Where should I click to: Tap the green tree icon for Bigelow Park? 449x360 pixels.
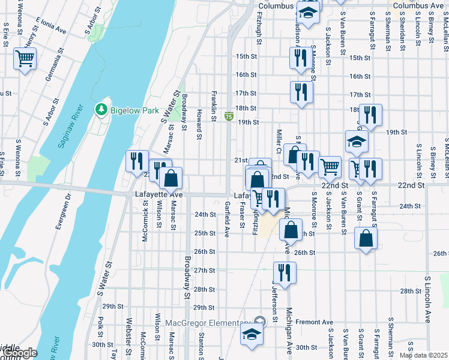click(101, 110)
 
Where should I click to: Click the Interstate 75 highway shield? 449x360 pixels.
click(229, 116)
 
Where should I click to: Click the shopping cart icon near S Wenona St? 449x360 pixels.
click(25, 59)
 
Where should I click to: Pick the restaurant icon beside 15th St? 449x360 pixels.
click(298, 58)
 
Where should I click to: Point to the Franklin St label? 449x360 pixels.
click(213, 106)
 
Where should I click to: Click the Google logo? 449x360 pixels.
click(20, 353)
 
